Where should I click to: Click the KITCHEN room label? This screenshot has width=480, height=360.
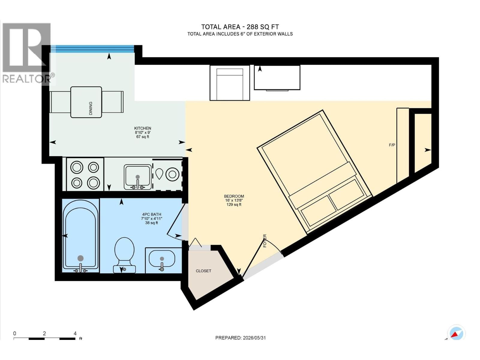(x=142, y=128)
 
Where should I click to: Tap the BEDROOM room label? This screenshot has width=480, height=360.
(x=234, y=196)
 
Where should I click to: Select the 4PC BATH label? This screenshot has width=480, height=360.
(x=151, y=214)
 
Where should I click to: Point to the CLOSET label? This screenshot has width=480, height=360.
(x=203, y=271)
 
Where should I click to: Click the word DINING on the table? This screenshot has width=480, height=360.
(x=91, y=108)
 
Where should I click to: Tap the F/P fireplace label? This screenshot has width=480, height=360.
(x=392, y=145)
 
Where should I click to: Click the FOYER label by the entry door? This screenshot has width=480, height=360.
(x=265, y=241)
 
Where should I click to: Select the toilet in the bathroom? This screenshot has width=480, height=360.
(x=124, y=255)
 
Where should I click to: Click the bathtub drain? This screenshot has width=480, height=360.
(x=80, y=258)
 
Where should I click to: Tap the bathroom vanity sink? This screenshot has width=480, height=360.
(x=162, y=259)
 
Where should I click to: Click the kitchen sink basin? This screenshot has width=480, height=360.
(x=137, y=177)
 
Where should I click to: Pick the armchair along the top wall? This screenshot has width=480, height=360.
(x=229, y=83)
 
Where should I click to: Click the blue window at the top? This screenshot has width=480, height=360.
(x=92, y=49)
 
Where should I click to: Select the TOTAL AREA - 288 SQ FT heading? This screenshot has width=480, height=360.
(x=240, y=27)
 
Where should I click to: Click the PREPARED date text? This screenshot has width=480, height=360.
(x=241, y=338)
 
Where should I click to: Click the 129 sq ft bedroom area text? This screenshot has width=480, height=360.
(x=234, y=205)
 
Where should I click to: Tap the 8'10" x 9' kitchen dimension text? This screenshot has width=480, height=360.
(x=142, y=133)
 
